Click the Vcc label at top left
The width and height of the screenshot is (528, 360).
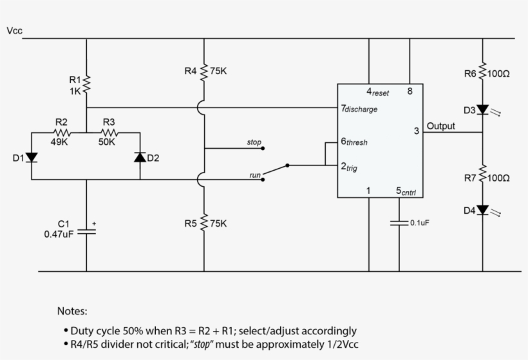click(x=14, y=30)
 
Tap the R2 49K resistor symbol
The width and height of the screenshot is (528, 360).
click(x=62, y=133)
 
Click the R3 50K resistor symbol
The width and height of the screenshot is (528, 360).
click(x=107, y=133)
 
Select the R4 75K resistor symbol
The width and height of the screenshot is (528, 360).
click(x=204, y=71)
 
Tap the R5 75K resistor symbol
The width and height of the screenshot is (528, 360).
click(x=204, y=223)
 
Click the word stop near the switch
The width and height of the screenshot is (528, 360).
click(x=254, y=142)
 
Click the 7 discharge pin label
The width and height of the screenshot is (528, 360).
click(x=359, y=109)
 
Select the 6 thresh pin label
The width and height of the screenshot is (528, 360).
click(x=354, y=142)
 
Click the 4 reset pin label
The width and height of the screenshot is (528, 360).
click(x=377, y=92)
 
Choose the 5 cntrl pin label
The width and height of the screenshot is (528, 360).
click(x=405, y=191)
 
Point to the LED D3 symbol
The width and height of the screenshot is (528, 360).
click(x=482, y=110)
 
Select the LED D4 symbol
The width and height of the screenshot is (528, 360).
click(x=482, y=211)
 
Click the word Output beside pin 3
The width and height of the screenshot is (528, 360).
click(x=440, y=126)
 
